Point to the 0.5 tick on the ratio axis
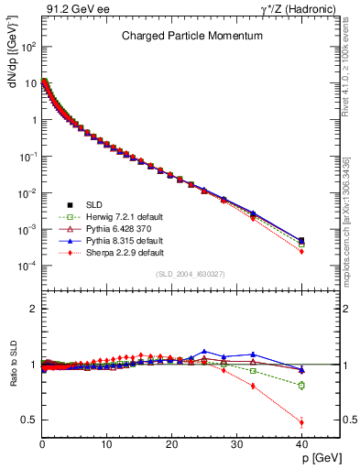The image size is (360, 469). click(29, 420)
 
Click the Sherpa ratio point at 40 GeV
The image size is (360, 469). click(301, 422)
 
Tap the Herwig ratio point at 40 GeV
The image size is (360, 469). click(301, 385)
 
